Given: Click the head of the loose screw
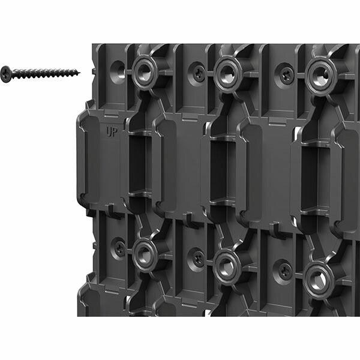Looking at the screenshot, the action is pyautogui.click(x=6, y=73).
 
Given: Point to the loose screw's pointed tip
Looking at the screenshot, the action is pyautogui.click(x=80, y=73).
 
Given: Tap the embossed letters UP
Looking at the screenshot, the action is pyautogui.click(x=112, y=131).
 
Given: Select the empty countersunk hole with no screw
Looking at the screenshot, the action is pyautogui.click(x=118, y=70).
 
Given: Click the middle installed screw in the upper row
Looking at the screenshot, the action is pyautogui.click(x=197, y=73).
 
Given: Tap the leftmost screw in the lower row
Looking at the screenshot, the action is pyautogui.click(x=119, y=248).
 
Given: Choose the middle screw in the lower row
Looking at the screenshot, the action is pyautogui.click(x=197, y=259).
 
